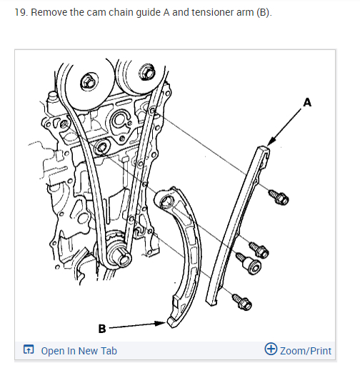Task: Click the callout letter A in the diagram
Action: (x=307, y=102)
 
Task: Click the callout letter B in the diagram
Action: (x=102, y=329)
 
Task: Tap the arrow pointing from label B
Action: (x=137, y=325)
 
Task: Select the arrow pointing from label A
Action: (x=284, y=127)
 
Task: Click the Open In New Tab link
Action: (x=79, y=351)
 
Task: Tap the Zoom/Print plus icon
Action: (x=271, y=349)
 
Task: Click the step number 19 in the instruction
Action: (x=21, y=12)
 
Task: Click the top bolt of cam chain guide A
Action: (x=279, y=197)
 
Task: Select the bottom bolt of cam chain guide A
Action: (x=242, y=302)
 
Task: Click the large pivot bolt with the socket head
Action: (x=249, y=264)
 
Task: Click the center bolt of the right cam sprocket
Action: (x=146, y=71)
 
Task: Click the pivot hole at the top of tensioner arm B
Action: (x=166, y=202)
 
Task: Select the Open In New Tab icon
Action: (x=29, y=349)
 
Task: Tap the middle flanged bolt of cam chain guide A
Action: (x=259, y=250)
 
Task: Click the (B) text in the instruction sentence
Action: (x=264, y=12)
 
